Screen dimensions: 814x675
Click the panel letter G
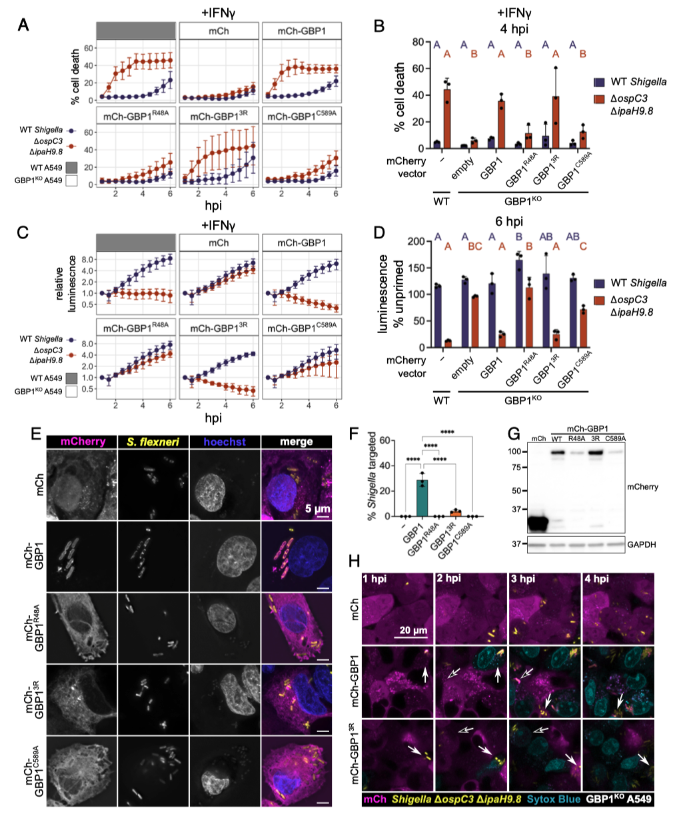click(x=514, y=434)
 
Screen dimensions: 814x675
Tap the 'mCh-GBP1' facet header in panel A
click(x=302, y=31)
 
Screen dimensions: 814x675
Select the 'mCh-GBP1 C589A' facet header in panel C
click(x=302, y=328)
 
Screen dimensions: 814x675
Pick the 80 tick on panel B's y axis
click(x=418, y=42)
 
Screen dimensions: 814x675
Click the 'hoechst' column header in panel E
click(x=225, y=442)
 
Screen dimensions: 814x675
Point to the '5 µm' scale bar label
click(x=317, y=509)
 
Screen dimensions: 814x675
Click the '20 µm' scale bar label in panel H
click(x=413, y=629)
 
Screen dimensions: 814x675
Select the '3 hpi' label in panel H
click(x=524, y=579)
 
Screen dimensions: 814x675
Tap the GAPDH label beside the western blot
click(x=641, y=544)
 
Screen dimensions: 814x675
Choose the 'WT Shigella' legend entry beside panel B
click(x=638, y=82)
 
